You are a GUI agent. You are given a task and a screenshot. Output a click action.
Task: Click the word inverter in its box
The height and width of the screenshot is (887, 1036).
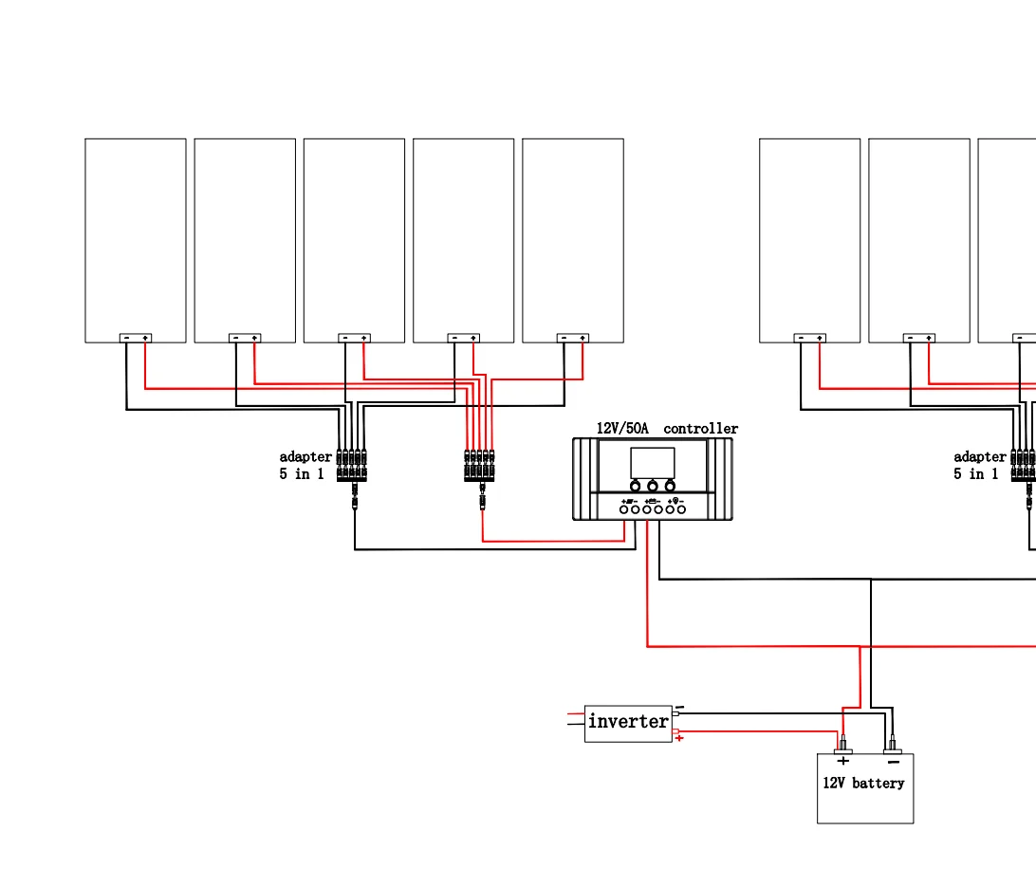pyautogui.click(x=628, y=722)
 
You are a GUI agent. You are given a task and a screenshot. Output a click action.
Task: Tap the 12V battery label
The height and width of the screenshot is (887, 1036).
pyautogui.click(x=863, y=784)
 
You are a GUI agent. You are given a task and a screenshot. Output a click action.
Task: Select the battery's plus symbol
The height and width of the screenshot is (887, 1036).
pyautogui.click(x=843, y=761)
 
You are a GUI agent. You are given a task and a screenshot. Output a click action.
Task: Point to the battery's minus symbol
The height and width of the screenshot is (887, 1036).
pyautogui.click(x=893, y=761)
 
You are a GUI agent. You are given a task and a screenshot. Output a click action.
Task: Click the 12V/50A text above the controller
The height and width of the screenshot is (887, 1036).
pyautogui.click(x=622, y=429)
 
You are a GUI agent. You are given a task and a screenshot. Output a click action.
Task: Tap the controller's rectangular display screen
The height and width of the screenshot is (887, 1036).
pyautogui.click(x=653, y=463)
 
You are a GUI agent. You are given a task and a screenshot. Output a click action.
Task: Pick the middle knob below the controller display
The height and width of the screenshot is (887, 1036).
pyautogui.click(x=653, y=486)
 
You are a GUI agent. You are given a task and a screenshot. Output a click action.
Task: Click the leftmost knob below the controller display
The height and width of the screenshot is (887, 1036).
pyautogui.click(x=636, y=486)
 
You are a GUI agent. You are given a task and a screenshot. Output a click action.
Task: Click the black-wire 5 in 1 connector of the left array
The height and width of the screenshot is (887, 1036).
pyautogui.click(x=352, y=465)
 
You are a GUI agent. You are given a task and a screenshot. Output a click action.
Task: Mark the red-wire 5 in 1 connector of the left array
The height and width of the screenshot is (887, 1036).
pyautogui.click(x=479, y=465)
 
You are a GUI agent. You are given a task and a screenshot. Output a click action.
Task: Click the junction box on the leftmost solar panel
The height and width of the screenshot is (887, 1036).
pyautogui.click(x=136, y=338)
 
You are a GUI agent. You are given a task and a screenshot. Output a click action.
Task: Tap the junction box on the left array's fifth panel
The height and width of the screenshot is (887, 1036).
pyautogui.click(x=573, y=338)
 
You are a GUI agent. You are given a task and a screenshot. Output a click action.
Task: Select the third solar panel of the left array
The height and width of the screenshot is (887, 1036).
pyautogui.click(x=354, y=237)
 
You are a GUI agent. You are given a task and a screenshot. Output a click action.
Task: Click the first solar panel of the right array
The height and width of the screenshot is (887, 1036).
pyautogui.click(x=809, y=237)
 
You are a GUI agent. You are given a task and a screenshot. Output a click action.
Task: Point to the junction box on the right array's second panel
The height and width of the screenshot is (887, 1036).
pyautogui.click(x=919, y=338)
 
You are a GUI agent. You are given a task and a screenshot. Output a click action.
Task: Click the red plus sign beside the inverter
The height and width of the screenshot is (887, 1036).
pyautogui.click(x=679, y=738)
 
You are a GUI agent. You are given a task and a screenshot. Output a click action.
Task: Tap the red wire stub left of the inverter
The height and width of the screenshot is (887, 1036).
pyautogui.click(x=575, y=714)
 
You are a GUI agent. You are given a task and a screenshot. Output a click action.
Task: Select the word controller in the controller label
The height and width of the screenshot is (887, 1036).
pyautogui.click(x=700, y=429)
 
